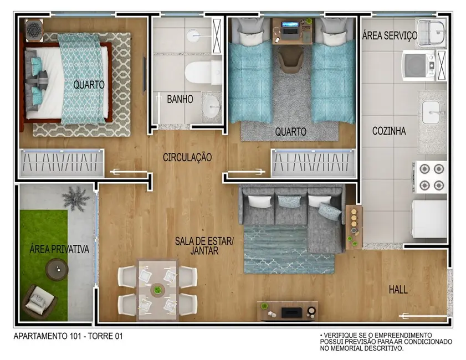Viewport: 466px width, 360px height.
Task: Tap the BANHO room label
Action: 180,100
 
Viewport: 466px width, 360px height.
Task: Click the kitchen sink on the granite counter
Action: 432,114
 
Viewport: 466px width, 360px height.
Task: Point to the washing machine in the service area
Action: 419,65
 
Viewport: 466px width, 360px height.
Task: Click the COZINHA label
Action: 389,131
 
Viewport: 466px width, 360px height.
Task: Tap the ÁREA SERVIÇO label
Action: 389,35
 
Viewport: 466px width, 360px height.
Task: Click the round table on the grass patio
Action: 56,270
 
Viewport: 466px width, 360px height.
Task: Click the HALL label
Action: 398,290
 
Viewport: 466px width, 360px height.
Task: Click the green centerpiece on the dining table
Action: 158,289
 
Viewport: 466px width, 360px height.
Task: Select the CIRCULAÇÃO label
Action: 187,157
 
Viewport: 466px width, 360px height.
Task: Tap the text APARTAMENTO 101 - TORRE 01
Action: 67,336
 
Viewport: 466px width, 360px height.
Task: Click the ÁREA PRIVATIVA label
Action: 59,249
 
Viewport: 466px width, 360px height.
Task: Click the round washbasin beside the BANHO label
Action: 211,105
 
